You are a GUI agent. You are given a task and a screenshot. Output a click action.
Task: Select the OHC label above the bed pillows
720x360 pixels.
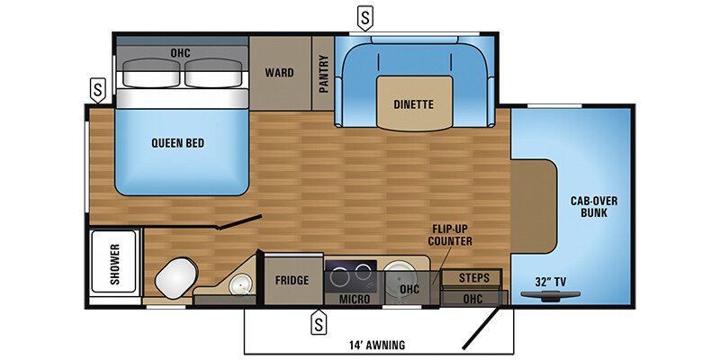tap(181, 52)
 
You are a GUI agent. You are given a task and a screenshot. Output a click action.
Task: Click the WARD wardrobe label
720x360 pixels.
tap(279, 72)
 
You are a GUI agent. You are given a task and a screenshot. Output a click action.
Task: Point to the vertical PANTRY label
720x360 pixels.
tap(323, 74)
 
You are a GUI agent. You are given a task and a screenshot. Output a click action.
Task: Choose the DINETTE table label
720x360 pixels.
tap(413, 104)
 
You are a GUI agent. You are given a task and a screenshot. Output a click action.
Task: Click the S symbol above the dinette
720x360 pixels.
tap(364, 16)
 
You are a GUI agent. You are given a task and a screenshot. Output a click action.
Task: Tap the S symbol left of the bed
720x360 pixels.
tap(97, 90)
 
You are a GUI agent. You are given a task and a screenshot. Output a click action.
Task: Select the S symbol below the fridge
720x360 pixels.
tap(317, 319)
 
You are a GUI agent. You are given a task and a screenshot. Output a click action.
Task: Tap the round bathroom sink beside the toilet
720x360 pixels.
tap(239, 287)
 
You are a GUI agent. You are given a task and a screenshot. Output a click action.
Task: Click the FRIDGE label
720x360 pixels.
tap(292, 280)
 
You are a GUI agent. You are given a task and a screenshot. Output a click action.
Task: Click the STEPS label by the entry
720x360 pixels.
tap(473, 277)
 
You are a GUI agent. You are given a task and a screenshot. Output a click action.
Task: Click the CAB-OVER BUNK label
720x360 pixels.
tap(595, 206)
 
